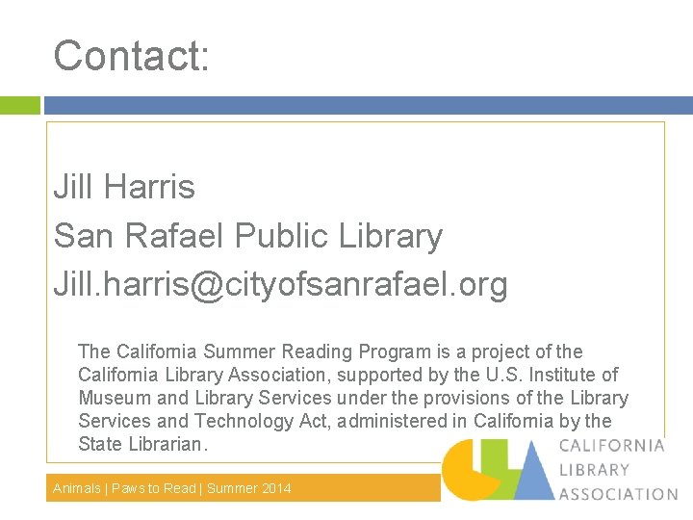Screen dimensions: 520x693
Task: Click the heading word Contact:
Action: pos(131,56)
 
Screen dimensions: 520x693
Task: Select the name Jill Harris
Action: pos(124,187)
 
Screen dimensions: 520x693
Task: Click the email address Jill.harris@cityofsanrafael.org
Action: pos(280,285)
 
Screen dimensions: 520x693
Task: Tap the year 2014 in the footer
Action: pos(275,488)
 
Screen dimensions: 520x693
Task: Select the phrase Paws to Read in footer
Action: pos(154,488)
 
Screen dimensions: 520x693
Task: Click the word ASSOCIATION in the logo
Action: pos(618,494)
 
